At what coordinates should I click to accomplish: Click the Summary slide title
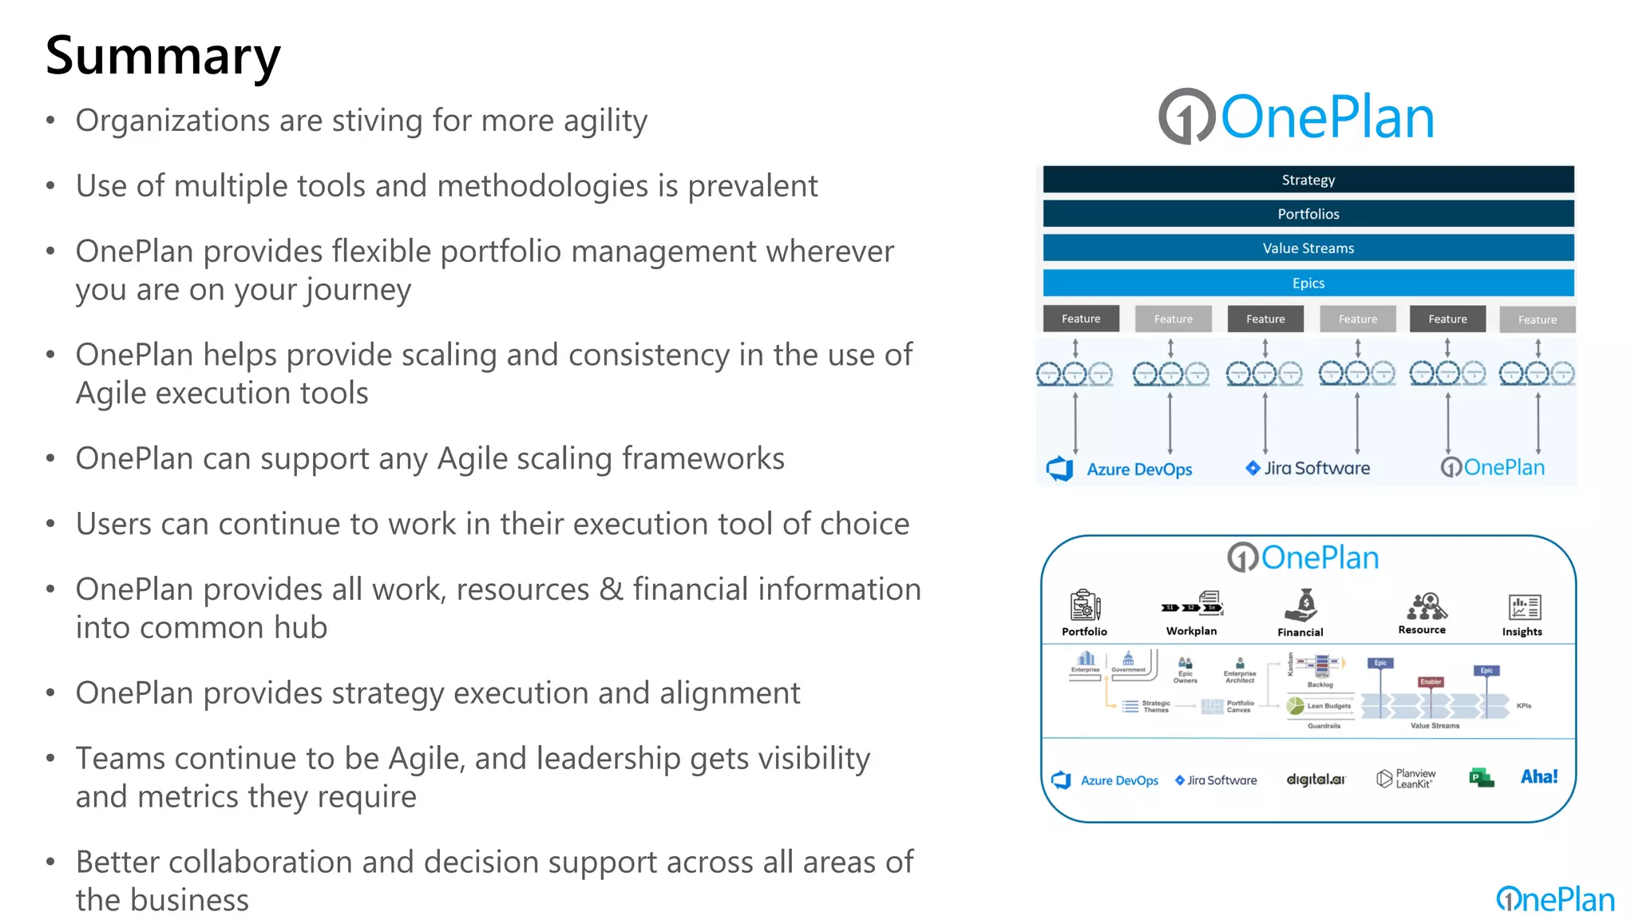163,56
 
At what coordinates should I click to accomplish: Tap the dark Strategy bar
1308,180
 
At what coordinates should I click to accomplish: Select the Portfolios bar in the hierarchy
1308,214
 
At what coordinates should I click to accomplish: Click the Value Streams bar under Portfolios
1308,248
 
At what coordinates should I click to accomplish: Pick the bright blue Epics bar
1308,283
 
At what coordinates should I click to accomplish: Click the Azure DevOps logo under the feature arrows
1119,469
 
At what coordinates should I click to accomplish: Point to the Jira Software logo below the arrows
1308,468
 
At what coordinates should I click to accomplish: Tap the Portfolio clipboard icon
1084,605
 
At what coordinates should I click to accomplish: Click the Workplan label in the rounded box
1191,631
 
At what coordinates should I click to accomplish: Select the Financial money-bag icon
1300,605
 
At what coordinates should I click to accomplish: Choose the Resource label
1422,630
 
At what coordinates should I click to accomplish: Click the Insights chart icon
1524,607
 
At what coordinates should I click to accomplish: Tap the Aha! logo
1539,776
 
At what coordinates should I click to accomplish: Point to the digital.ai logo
1315,779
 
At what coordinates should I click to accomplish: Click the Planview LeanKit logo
1406,779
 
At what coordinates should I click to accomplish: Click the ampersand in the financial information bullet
612,589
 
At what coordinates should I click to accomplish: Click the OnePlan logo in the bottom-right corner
1555,900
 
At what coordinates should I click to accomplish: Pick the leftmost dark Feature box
1081,319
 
